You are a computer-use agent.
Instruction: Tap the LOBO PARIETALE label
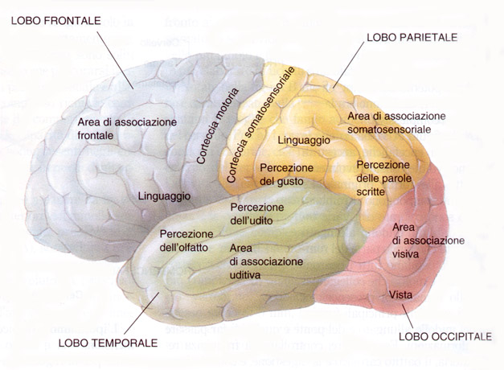[x=411, y=38]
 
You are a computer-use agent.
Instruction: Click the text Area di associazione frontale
[x=127, y=128]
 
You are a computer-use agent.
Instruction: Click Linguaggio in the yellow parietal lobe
[x=304, y=140]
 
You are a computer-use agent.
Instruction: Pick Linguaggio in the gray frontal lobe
[x=163, y=195]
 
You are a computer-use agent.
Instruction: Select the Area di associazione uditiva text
[x=266, y=261]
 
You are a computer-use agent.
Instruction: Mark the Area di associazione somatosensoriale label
[x=395, y=122]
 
